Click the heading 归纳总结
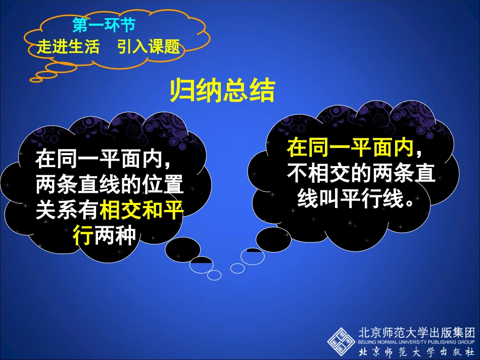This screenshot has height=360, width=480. coord(222,91)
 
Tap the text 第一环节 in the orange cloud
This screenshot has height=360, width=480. coord(104,25)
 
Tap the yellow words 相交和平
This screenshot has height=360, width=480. coord(142,211)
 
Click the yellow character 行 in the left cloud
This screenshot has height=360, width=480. coord(83,235)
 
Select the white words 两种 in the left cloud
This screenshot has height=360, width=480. coord(116,235)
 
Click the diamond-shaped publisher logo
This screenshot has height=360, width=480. coord(342,341)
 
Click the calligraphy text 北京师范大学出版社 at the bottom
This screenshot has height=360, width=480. coord(417,351)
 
